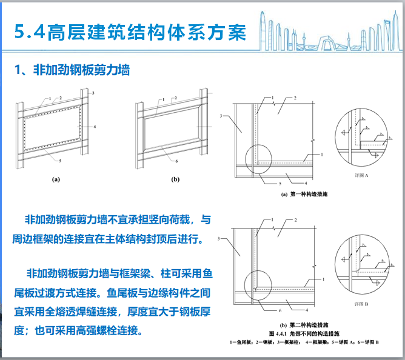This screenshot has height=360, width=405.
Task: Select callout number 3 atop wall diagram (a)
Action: click(93, 93)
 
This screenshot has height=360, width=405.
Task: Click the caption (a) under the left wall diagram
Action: click(56, 179)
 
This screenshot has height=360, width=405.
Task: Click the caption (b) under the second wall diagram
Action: click(175, 179)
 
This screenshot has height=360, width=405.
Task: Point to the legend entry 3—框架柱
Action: click(284, 343)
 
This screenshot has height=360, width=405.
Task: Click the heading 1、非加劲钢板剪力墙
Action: click(72, 70)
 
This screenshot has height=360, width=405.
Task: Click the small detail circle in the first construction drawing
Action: click(258, 158)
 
